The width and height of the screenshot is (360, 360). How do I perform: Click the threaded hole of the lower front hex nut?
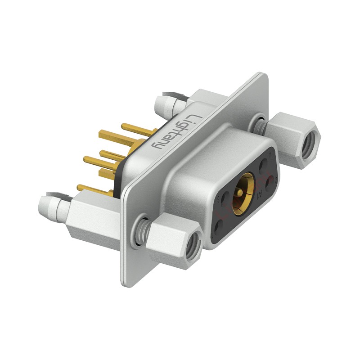pyautogui.click(x=193, y=246)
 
